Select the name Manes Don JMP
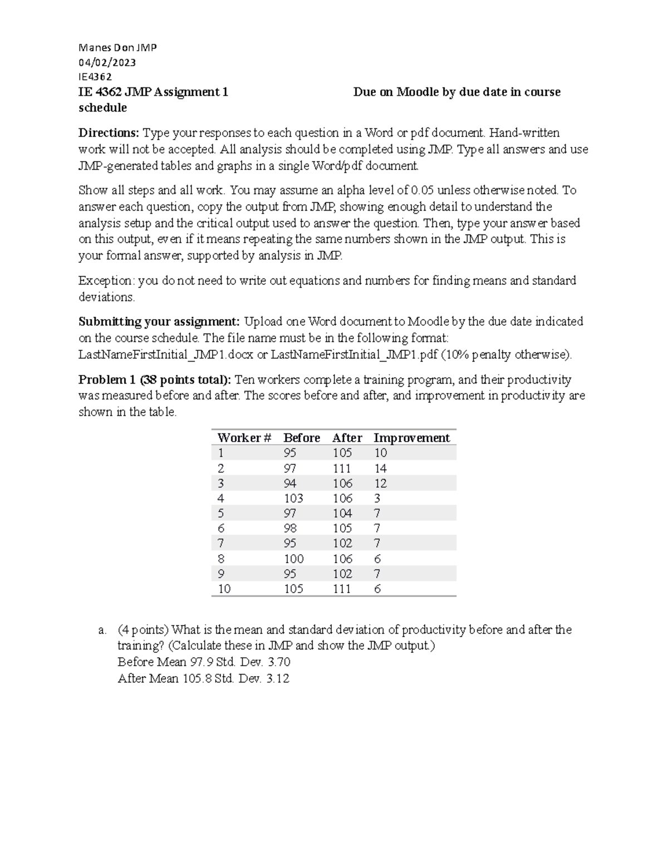click(x=117, y=48)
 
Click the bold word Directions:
click(x=109, y=133)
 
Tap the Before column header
click(x=301, y=438)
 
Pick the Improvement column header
click(x=411, y=438)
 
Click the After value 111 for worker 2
click(x=342, y=468)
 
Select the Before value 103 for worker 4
click(x=293, y=499)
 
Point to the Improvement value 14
click(x=380, y=468)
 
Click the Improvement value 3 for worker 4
click(x=377, y=499)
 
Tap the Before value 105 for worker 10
click(x=293, y=589)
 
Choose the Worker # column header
click(x=244, y=438)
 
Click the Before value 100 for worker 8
click(x=293, y=559)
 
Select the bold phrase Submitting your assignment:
click(x=159, y=322)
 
